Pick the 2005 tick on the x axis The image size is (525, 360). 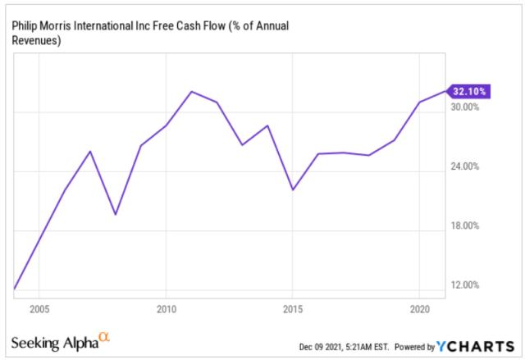[39, 311]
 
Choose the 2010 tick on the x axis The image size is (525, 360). [166, 311]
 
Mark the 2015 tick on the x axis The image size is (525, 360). [293, 311]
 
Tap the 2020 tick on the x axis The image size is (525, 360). [419, 311]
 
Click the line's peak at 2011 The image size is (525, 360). [191, 91]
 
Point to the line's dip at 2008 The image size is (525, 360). [115, 215]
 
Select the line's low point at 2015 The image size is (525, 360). [293, 190]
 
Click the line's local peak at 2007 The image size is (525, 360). [89, 152]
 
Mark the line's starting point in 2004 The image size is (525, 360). [14, 289]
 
